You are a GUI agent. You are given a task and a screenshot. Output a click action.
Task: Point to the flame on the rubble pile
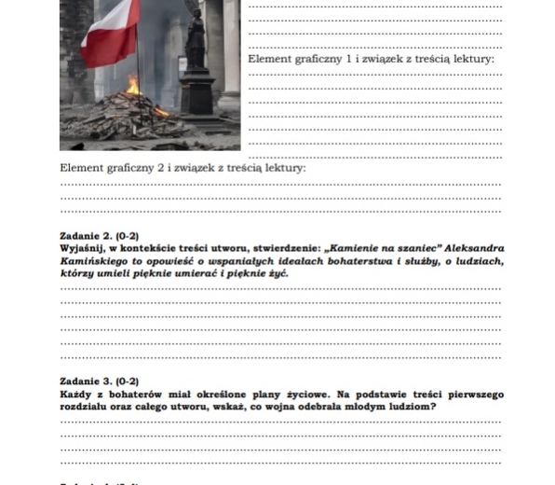tap(133, 88)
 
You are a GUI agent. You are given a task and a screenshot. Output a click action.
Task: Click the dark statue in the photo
tap(197, 47)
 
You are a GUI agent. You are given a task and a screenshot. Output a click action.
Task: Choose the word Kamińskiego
tap(94, 262)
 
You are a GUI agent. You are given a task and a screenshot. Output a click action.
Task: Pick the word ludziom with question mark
tap(413, 408)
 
